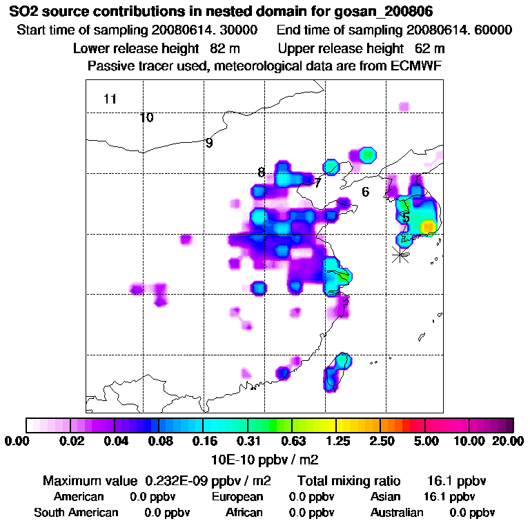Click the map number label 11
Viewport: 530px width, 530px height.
pos(110,99)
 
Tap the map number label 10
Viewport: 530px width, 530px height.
pos(146,117)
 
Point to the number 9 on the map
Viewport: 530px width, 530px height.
pos(209,144)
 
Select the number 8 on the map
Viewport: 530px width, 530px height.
pos(261,173)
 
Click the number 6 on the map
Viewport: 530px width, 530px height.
pos(366,192)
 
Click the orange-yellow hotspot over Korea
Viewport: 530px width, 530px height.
pos(428,226)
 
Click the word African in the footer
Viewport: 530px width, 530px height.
pos(244,513)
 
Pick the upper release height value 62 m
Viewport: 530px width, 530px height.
pos(430,48)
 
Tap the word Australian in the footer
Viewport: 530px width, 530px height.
pos(397,513)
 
